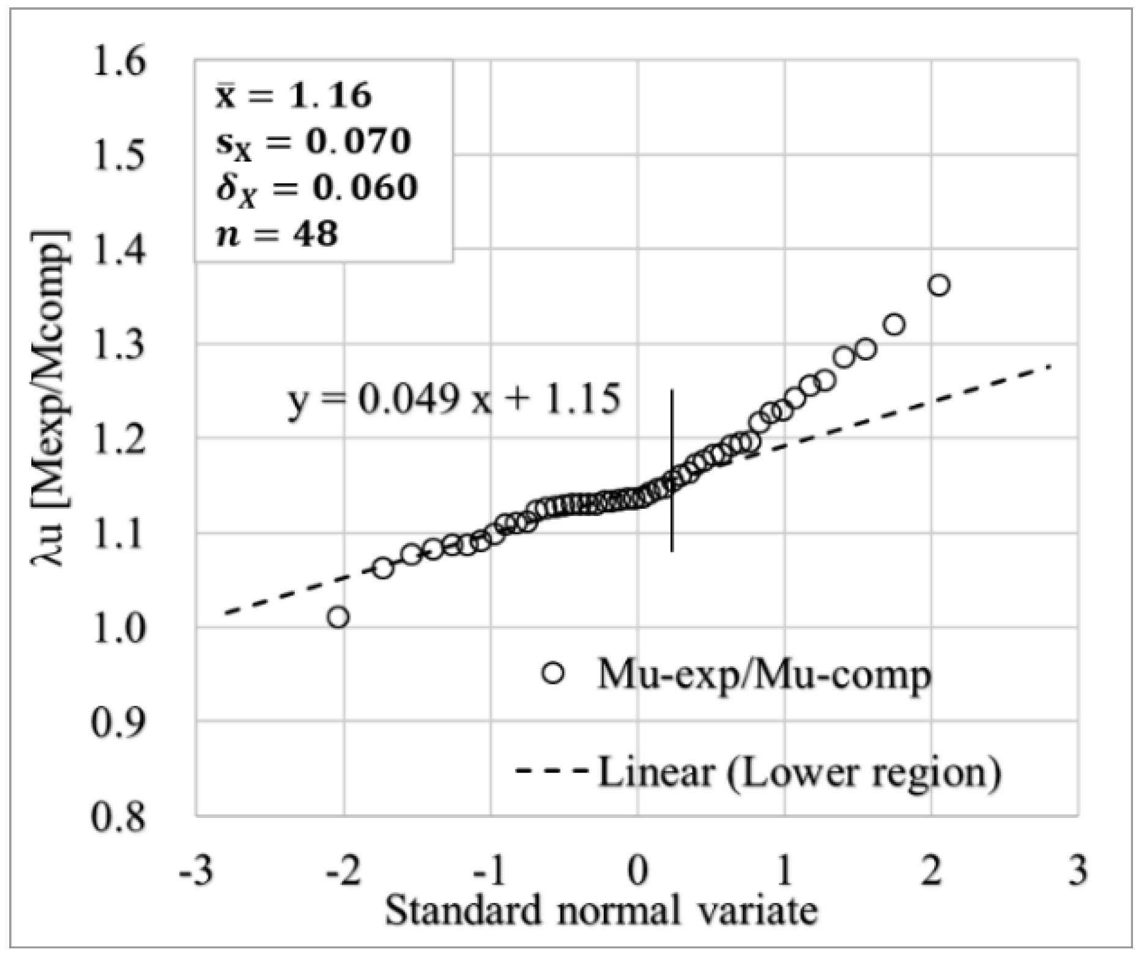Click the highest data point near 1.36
(938, 285)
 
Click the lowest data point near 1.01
(338, 617)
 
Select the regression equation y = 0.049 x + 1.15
(454, 400)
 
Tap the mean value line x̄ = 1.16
(294, 96)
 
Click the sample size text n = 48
(277, 234)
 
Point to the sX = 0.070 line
(313, 143)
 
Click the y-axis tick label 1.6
(119, 63)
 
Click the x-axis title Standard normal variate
(601, 910)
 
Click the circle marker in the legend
(554, 673)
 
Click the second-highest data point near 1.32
(894, 324)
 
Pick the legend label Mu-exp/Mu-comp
(764, 675)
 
